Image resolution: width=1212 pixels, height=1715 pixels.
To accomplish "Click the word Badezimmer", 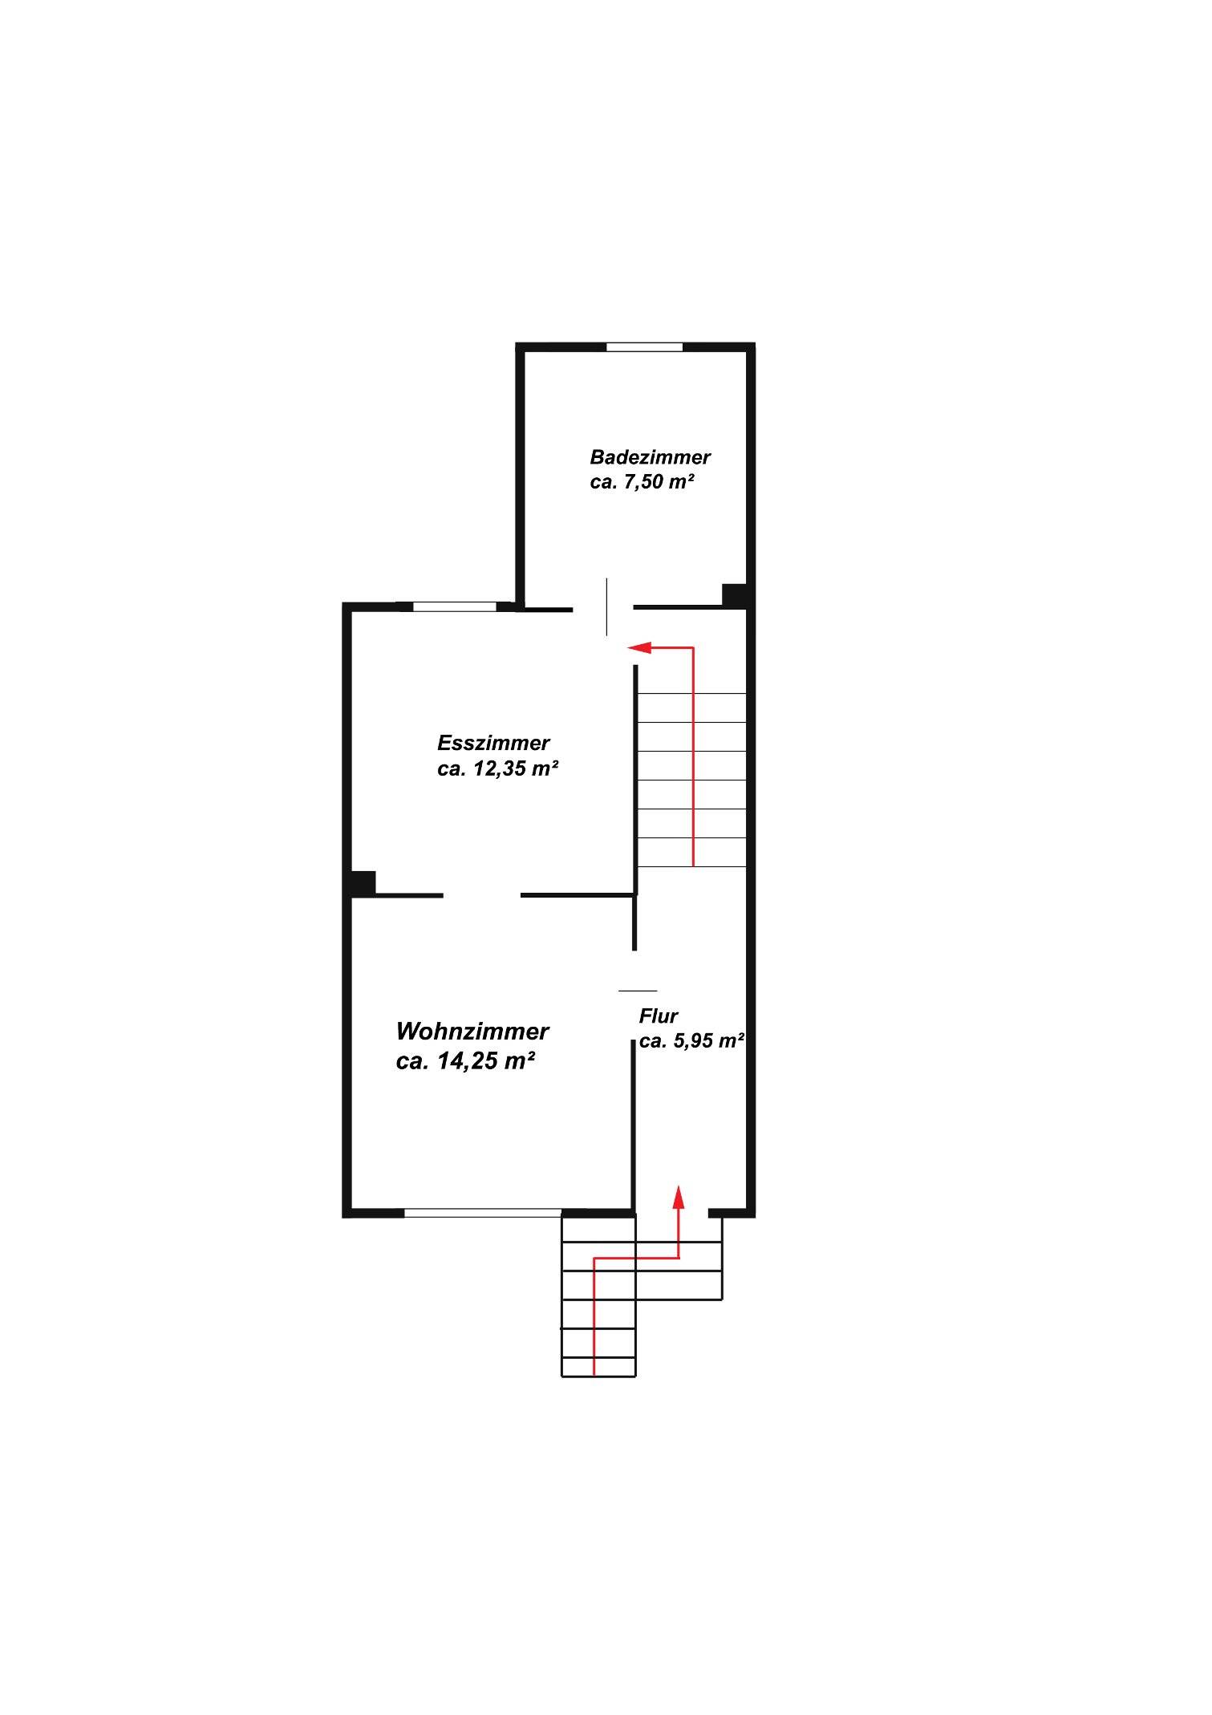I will point(650,457).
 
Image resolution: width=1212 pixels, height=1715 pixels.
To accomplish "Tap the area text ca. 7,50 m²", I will point(642,483).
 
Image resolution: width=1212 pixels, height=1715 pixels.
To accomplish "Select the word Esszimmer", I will point(493,743).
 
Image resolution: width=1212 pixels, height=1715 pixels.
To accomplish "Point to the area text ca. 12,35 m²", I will point(497,768).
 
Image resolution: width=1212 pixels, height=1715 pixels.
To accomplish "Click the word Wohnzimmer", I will point(472,1031).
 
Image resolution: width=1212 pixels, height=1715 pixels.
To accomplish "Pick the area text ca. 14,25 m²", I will point(466,1061).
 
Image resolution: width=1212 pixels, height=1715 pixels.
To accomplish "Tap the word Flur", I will point(659,1016).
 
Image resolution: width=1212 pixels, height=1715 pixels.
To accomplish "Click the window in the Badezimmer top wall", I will point(644,347).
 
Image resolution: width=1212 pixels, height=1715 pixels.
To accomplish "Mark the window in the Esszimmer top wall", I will point(455,606).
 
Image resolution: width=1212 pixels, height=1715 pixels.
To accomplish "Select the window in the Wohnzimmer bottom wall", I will point(482,1213).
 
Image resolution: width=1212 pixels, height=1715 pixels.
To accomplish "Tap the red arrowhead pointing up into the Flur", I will point(679,1197).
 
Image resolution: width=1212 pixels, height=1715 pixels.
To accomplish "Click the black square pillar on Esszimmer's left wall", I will point(363,883).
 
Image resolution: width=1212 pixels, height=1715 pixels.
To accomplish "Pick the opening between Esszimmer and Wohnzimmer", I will point(481,894).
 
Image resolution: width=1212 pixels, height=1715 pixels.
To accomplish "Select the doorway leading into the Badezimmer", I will point(603,608).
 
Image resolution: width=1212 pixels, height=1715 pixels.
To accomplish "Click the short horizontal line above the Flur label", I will point(638,991).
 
